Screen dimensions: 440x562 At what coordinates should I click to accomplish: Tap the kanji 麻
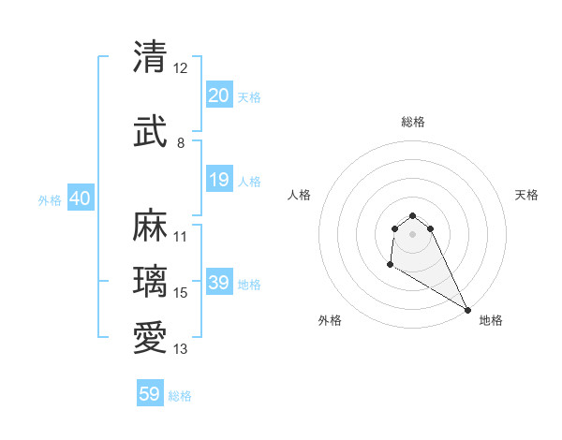click(x=150, y=226)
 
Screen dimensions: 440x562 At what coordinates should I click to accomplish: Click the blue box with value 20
click(x=218, y=95)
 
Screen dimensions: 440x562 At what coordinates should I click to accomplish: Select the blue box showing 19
click(x=218, y=180)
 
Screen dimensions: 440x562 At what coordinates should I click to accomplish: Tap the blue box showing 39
click(x=218, y=283)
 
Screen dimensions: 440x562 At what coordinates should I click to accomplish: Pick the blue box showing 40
click(x=80, y=198)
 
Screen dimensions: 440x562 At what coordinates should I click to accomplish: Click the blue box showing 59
click(x=150, y=394)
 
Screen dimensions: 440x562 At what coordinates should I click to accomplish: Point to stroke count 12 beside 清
click(x=180, y=68)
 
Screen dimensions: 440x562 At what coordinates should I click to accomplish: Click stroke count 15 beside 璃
click(x=181, y=293)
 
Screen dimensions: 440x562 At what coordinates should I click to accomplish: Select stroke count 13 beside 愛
click(x=181, y=349)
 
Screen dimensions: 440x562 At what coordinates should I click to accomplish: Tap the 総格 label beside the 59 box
click(x=180, y=396)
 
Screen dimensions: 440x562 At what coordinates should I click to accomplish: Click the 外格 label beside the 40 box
click(x=49, y=199)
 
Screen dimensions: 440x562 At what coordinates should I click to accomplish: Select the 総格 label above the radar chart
click(x=412, y=122)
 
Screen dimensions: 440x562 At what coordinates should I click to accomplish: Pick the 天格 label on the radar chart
click(x=526, y=195)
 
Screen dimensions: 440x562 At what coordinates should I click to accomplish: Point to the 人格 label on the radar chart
click(x=299, y=195)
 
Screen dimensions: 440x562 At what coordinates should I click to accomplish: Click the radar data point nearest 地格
click(x=467, y=309)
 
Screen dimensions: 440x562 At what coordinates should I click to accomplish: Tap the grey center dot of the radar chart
click(x=412, y=234)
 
